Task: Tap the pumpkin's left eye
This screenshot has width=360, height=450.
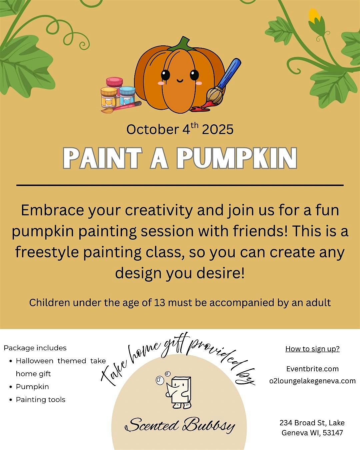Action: tap(165, 74)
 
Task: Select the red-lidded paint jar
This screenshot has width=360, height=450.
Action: tap(114, 84)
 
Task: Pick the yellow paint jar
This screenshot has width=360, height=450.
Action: tap(109, 97)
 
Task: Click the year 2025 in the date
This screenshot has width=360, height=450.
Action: tap(218, 129)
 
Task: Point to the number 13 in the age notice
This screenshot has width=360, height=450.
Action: tap(159, 303)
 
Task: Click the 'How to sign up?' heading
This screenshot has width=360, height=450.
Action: tap(313, 349)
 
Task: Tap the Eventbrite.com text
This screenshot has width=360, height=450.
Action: tap(313, 369)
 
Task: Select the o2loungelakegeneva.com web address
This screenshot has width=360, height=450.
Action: tap(313, 381)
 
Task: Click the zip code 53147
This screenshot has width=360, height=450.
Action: tap(333, 433)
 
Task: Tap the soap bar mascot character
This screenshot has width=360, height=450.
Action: tap(179, 391)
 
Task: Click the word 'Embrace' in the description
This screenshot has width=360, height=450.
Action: tap(53, 210)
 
